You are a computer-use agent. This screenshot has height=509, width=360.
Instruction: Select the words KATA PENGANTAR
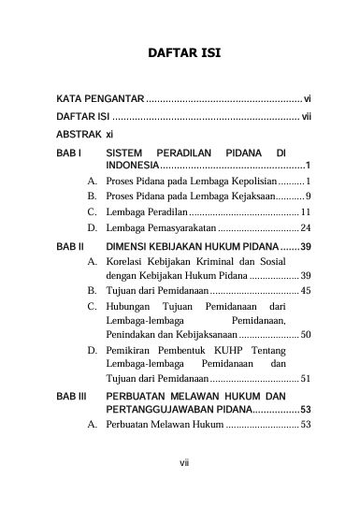[x=98, y=98]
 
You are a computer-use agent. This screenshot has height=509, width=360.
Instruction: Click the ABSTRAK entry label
[x=79, y=134]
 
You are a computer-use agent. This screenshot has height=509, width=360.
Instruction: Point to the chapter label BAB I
[x=68, y=152]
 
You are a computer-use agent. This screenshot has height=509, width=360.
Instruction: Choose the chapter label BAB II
[x=70, y=245]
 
